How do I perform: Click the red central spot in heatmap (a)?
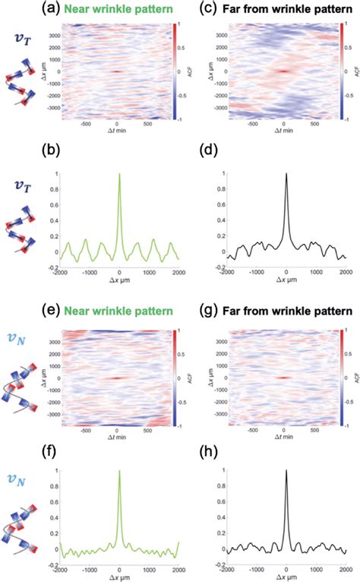pyautogui.click(x=116, y=73)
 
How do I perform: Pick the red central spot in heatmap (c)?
pyautogui.click(x=283, y=72)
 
